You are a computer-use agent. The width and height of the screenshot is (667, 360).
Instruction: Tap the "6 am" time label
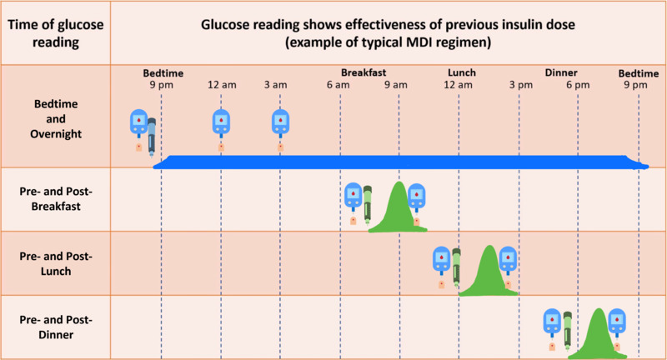[x=339, y=85]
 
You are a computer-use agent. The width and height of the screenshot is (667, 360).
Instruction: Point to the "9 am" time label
[x=398, y=85]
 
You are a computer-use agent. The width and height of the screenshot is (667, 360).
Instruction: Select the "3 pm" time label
[x=519, y=85]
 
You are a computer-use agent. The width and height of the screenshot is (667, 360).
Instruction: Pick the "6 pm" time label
[x=577, y=85]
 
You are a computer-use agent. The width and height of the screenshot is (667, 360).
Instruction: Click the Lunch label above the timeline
[x=462, y=73]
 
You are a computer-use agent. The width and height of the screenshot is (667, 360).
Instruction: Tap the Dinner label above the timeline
[x=561, y=73]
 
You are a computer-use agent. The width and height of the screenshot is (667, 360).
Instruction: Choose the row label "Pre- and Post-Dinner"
[x=55, y=327]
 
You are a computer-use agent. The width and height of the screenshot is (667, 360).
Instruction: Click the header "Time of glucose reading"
[x=55, y=30]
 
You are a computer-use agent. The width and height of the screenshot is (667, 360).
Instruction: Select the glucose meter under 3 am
[x=280, y=123]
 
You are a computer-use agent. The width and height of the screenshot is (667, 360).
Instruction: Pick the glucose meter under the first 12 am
[x=220, y=123]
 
